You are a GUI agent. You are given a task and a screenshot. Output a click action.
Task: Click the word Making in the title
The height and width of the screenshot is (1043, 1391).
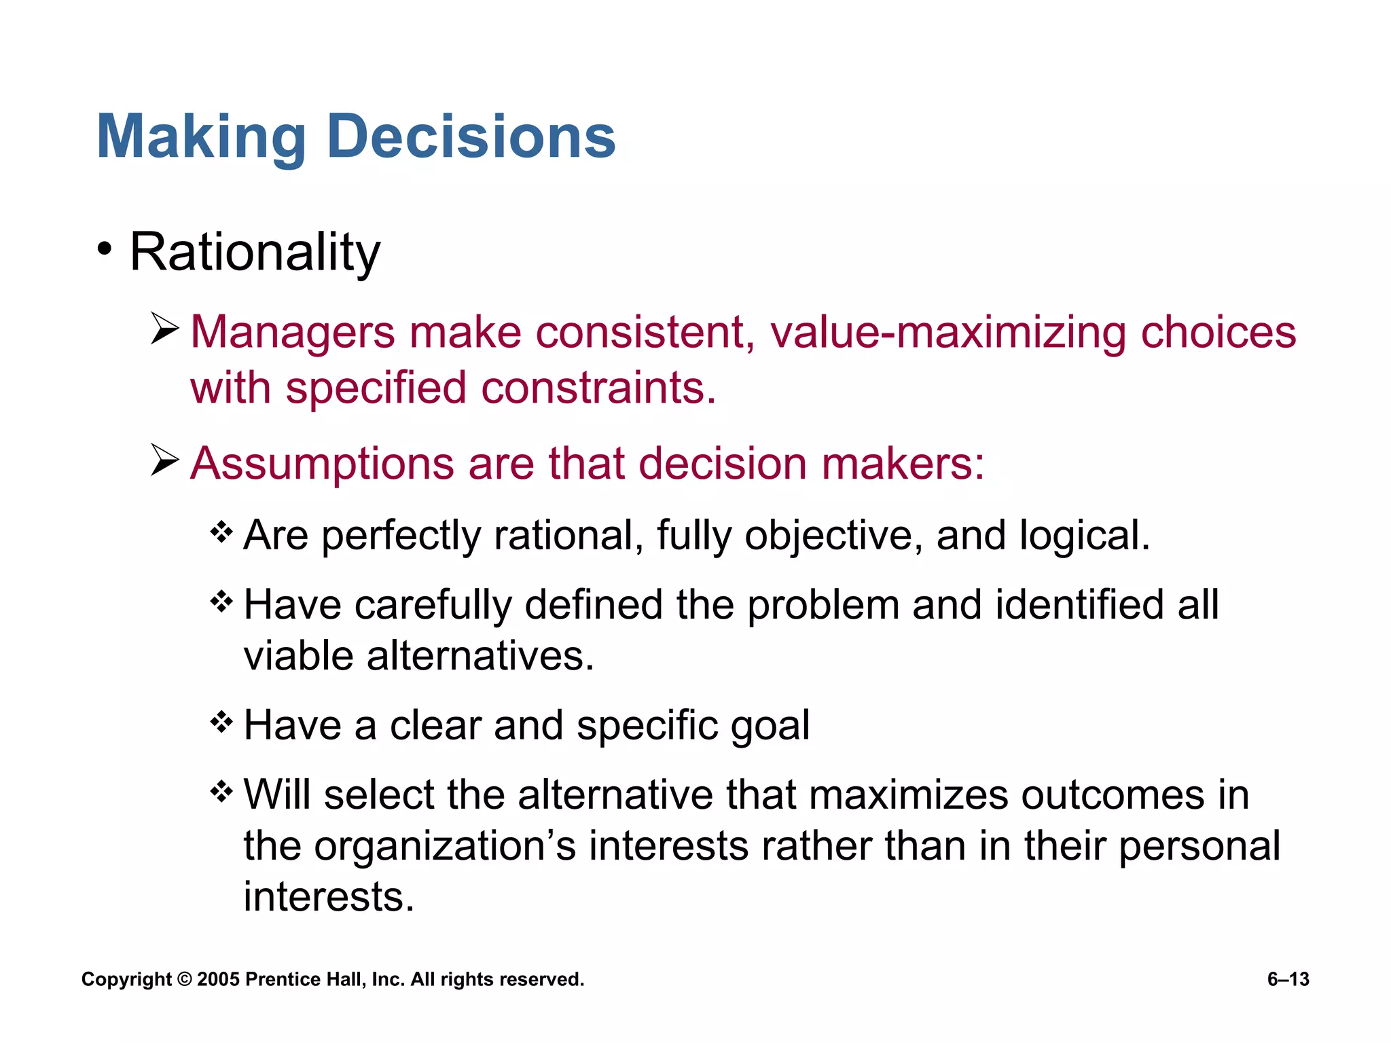pyautogui.click(x=201, y=137)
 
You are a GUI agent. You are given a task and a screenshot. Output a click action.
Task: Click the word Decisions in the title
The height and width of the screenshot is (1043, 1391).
pyautogui.click(x=471, y=137)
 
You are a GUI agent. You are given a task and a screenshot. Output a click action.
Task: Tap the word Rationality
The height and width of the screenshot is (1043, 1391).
pyautogui.click(x=255, y=253)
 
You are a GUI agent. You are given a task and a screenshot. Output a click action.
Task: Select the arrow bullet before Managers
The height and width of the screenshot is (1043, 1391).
pyautogui.click(x=164, y=329)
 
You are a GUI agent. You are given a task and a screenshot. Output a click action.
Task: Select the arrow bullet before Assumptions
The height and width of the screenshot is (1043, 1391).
pyautogui.click(x=164, y=460)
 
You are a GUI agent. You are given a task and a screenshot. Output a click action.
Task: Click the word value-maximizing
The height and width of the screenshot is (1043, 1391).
pyautogui.click(x=947, y=333)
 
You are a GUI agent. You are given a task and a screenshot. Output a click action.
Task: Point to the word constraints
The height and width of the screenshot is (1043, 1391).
pyautogui.click(x=598, y=388)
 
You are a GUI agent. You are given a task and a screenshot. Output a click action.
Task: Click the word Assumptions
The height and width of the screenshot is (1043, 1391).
pyautogui.click(x=322, y=464)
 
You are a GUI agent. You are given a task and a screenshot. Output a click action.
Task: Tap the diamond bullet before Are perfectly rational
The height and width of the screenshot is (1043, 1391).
pyautogui.click(x=221, y=532)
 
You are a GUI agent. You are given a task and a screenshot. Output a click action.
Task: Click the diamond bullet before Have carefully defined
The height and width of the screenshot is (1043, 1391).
pyautogui.click(x=221, y=601)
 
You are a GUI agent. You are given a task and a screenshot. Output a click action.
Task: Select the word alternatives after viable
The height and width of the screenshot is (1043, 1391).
pyautogui.click(x=480, y=656)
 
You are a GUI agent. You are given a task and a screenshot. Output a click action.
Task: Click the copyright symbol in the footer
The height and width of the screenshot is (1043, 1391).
pyautogui.click(x=185, y=979)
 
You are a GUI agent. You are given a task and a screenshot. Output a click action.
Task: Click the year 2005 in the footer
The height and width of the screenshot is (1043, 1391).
pyautogui.click(x=218, y=979)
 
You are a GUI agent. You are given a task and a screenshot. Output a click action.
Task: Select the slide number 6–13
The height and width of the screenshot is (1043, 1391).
pyautogui.click(x=1288, y=979)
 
